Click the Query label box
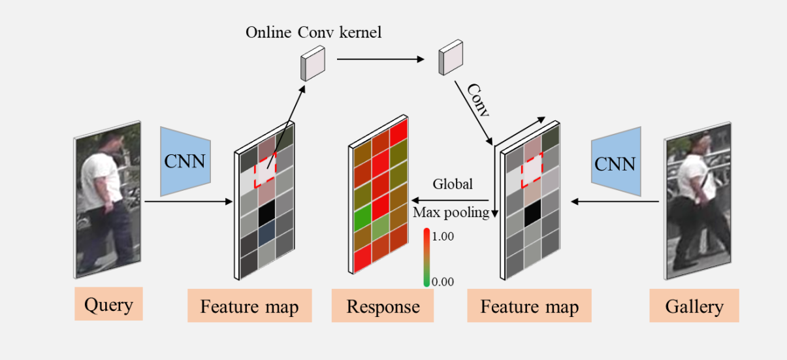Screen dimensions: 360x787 tap(108, 304)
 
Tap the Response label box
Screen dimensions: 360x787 tap(383, 306)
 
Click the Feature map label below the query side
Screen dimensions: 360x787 tap(249, 306)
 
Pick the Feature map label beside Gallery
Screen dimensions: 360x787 tap(529, 306)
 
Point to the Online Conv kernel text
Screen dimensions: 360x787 tap(313, 32)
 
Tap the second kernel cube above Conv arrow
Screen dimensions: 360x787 tap(450, 57)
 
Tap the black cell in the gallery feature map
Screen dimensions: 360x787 tap(533, 212)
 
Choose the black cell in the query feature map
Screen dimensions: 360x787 tap(266, 213)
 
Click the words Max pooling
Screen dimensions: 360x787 tap(451, 212)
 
